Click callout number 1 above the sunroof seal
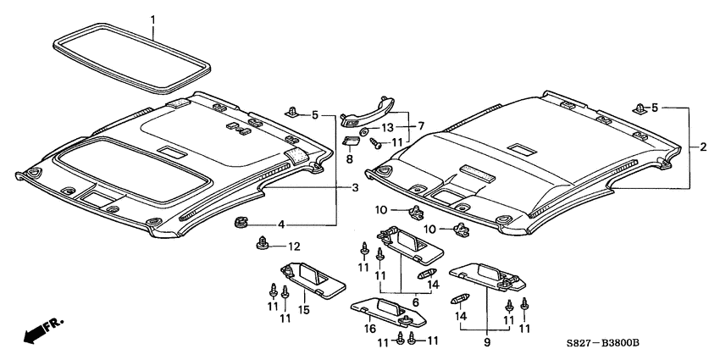tap(152, 18)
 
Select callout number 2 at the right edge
tap(702, 147)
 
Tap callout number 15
tap(303, 311)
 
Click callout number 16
tap(369, 328)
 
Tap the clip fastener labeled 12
tap(263, 246)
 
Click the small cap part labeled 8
tap(350, 140)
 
